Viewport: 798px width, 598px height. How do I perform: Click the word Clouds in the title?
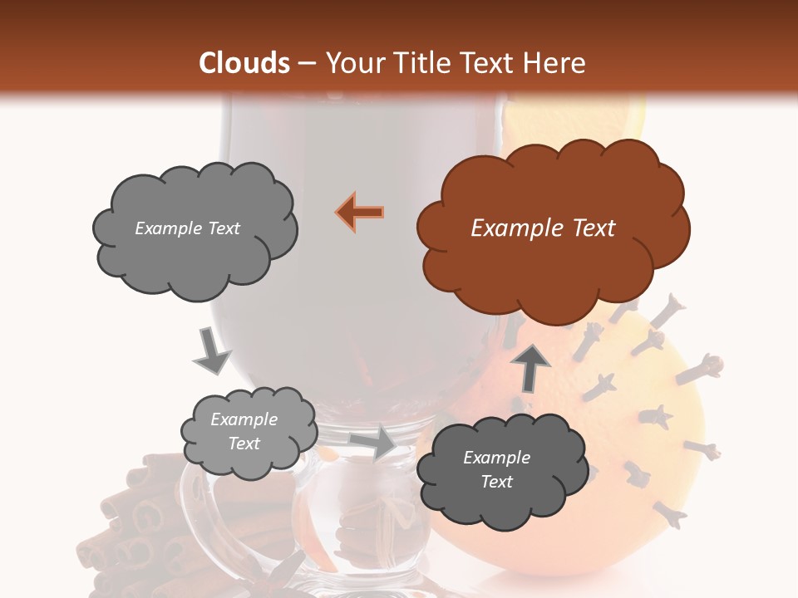pos(244,63)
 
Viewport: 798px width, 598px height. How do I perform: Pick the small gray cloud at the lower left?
pos(248,431)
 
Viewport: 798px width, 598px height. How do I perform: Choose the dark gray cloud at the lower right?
pos(495,470)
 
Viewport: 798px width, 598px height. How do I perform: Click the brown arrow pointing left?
pos(361,212)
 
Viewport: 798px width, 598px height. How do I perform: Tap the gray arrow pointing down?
pos(211,350)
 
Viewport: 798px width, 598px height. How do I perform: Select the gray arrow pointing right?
pos(373,442)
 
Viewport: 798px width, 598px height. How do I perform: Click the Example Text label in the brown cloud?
pos(543,228)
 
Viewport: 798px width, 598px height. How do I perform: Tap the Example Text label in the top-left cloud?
pos(187,228)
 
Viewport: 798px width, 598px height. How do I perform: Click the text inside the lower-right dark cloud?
pos(496,469)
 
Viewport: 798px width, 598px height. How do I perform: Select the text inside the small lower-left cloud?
pos(244,431)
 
